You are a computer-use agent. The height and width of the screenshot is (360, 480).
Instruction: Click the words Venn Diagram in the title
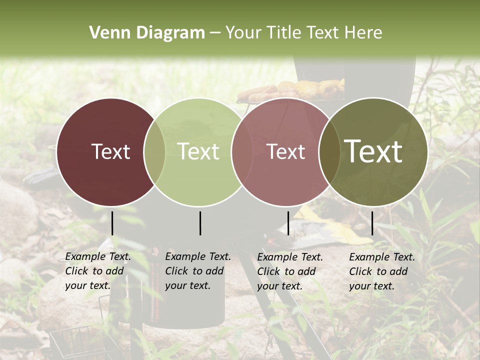coord(147,33)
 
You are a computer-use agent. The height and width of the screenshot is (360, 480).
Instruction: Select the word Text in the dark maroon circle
coord(110,152)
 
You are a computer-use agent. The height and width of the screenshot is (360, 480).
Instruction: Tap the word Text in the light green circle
coord(198,151)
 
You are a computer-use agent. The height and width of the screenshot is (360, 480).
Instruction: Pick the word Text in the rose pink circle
coord(286,152)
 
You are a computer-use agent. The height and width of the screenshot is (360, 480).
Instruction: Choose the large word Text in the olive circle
coord(373,151)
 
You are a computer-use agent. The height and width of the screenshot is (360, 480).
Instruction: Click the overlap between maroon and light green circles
coord(154,152)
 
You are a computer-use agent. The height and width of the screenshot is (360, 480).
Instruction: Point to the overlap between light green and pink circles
coord(242,152)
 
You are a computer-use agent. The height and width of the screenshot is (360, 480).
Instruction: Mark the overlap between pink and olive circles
coord(329,152)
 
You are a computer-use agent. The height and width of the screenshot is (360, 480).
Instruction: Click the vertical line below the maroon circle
coord(112,223)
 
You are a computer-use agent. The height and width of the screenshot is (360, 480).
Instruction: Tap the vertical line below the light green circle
coord(200,223)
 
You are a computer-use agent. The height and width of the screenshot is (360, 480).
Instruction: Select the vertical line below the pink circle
coord(288,223)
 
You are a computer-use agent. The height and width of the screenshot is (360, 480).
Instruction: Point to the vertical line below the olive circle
coord(372,223)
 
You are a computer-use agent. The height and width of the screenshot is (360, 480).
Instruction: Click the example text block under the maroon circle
coord(98,271)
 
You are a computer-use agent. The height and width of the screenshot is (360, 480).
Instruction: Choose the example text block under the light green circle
coord(198,271)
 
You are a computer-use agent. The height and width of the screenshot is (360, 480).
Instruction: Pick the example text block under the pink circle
coord(290,271)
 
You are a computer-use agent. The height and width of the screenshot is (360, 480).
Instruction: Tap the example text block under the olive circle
coord(382,271)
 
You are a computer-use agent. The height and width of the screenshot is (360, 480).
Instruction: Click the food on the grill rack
coord(300,90)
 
